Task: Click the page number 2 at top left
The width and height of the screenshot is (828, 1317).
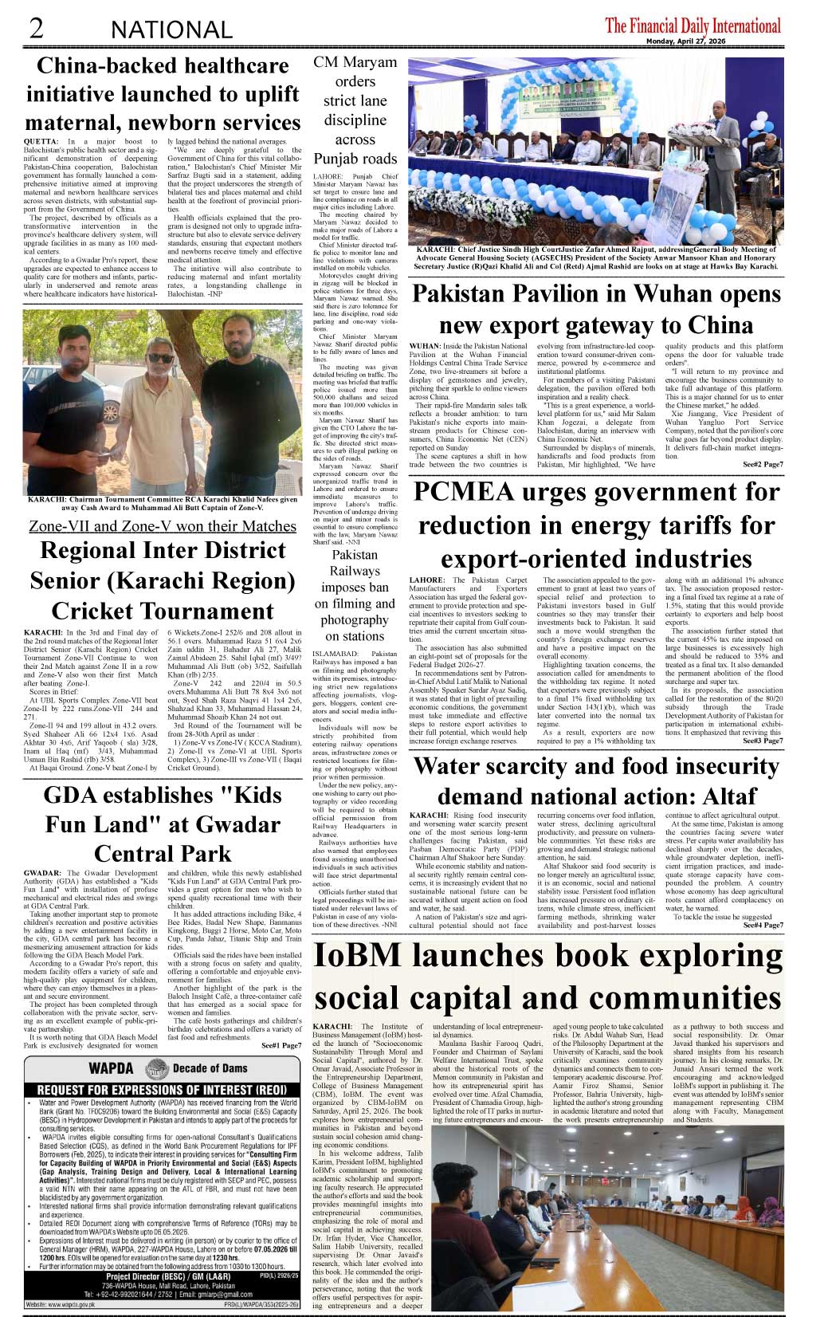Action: click(x=35, y=28)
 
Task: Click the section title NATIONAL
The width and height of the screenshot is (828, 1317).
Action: click(x=171, y=30)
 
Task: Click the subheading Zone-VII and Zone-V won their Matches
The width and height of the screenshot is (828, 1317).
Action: click(x=162, y=526)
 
